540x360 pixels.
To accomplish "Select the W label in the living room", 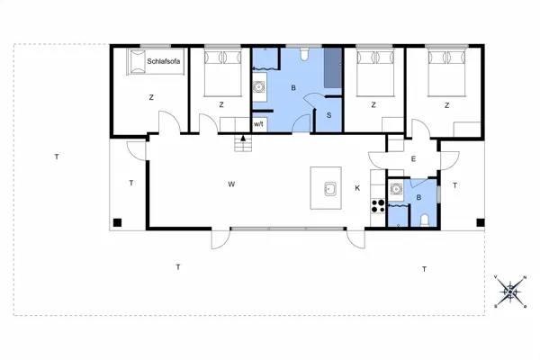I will pos(231,184).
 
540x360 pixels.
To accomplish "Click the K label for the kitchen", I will pos(357,187).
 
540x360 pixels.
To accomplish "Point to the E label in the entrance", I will pos(413,158).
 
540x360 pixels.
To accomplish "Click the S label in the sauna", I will pos(329,115).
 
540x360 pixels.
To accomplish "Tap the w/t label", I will pos(258,123).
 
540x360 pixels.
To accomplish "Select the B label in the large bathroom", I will pos(293,88).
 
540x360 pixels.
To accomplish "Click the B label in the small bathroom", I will pos(418,197).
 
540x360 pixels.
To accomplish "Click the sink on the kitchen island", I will pos(330,189).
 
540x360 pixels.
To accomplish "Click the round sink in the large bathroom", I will pos(260,87).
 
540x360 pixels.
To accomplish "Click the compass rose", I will pos(511,290).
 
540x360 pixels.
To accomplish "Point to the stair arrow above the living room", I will pos(240,139).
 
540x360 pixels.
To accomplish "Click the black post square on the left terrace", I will pos(117,221).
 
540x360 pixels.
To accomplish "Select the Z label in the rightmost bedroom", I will pos(446,105).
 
